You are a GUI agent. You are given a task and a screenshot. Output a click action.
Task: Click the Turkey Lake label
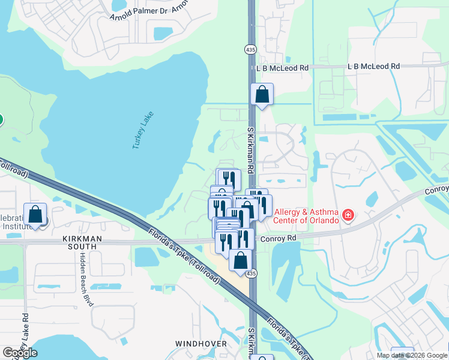coord(143,130)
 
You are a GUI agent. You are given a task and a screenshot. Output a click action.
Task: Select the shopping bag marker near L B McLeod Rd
coord(262,94)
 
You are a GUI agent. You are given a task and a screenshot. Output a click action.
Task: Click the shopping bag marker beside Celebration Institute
coord(35,214)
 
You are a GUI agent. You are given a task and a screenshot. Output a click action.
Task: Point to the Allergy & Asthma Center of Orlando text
coord(306,215)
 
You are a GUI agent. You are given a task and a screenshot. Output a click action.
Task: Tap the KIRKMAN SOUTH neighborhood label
coord(79,242)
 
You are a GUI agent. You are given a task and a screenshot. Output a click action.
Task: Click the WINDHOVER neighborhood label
coord(200,344)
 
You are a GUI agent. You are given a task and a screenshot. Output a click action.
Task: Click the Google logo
coord(20,353)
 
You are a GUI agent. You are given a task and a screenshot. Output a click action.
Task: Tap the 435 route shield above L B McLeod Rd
coord(250,49)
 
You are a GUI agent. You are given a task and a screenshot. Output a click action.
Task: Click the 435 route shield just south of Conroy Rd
coord(254,274)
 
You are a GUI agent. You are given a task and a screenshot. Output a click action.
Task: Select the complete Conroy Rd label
coord(280,238)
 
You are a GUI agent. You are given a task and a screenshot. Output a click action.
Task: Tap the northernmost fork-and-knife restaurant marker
coord(228,179)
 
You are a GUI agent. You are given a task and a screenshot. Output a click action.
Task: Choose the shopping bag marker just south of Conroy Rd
coord(241,260)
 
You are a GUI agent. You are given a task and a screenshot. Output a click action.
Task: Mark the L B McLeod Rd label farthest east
coord(373,66)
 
